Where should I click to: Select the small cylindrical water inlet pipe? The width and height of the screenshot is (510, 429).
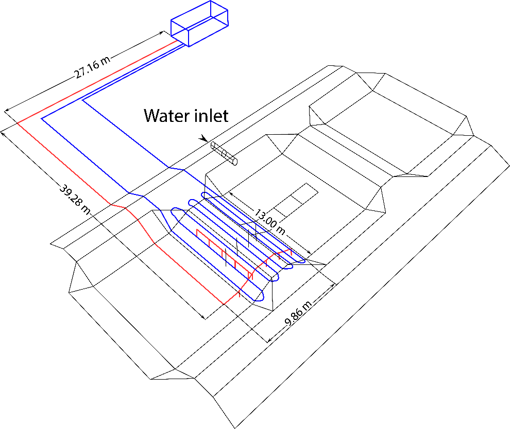point(225,153)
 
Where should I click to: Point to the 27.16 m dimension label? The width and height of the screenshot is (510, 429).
point(93,65)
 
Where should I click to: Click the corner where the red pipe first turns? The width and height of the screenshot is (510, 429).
point(18,123)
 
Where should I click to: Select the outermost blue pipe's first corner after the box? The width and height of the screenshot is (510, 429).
point(42,118)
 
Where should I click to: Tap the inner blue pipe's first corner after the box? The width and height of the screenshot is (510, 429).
point(82,100)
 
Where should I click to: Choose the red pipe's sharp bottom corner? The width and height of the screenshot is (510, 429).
point(224,304)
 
